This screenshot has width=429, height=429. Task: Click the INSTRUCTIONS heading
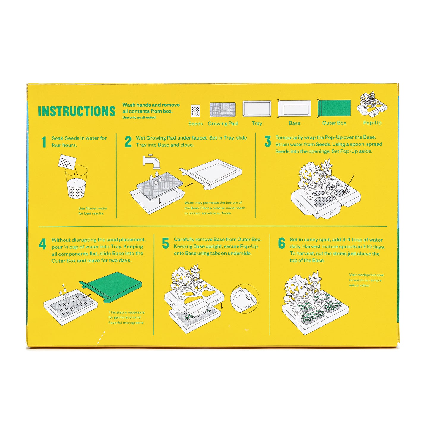pyautogui.click(x=77, y=111)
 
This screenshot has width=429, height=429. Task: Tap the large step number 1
pyautogui.click(x=44, y=142)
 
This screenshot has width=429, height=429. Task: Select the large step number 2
pyautogui.click(x=128, y=142)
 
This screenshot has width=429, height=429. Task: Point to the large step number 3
pyautogui.click(x=267, y=141)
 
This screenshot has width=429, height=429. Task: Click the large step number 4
pyautogui.click(x=42, y=244)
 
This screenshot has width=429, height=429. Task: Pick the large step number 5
pyautogui.click(x=166, y=243)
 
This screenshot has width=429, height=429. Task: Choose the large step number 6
pyautogui.click(x=282, y=243)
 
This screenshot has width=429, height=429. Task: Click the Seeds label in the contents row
pyautogui.click(x=195, y=124)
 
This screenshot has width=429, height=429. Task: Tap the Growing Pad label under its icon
pyautogui.click(x=223, y=124)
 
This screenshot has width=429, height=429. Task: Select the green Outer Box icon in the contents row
pyautogui.click(x=334, y=108)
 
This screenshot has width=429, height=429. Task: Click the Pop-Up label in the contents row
pyautogui.click(x=372, y=123)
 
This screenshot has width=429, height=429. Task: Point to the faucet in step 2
pyautogui.click(x=152, y=162)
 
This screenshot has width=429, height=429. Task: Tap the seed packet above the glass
pyautogui.click(x=67, y=162)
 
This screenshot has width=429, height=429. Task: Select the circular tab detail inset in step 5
pyautogui.click(x=244, y=299)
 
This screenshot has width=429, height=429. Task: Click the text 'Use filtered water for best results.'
pyautogui.click(x=93, y=211)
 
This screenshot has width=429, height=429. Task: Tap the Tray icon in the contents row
pyautogui.click(x=257, y=109)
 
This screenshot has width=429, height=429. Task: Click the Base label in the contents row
pyautogui.click(x=294, y=123)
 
